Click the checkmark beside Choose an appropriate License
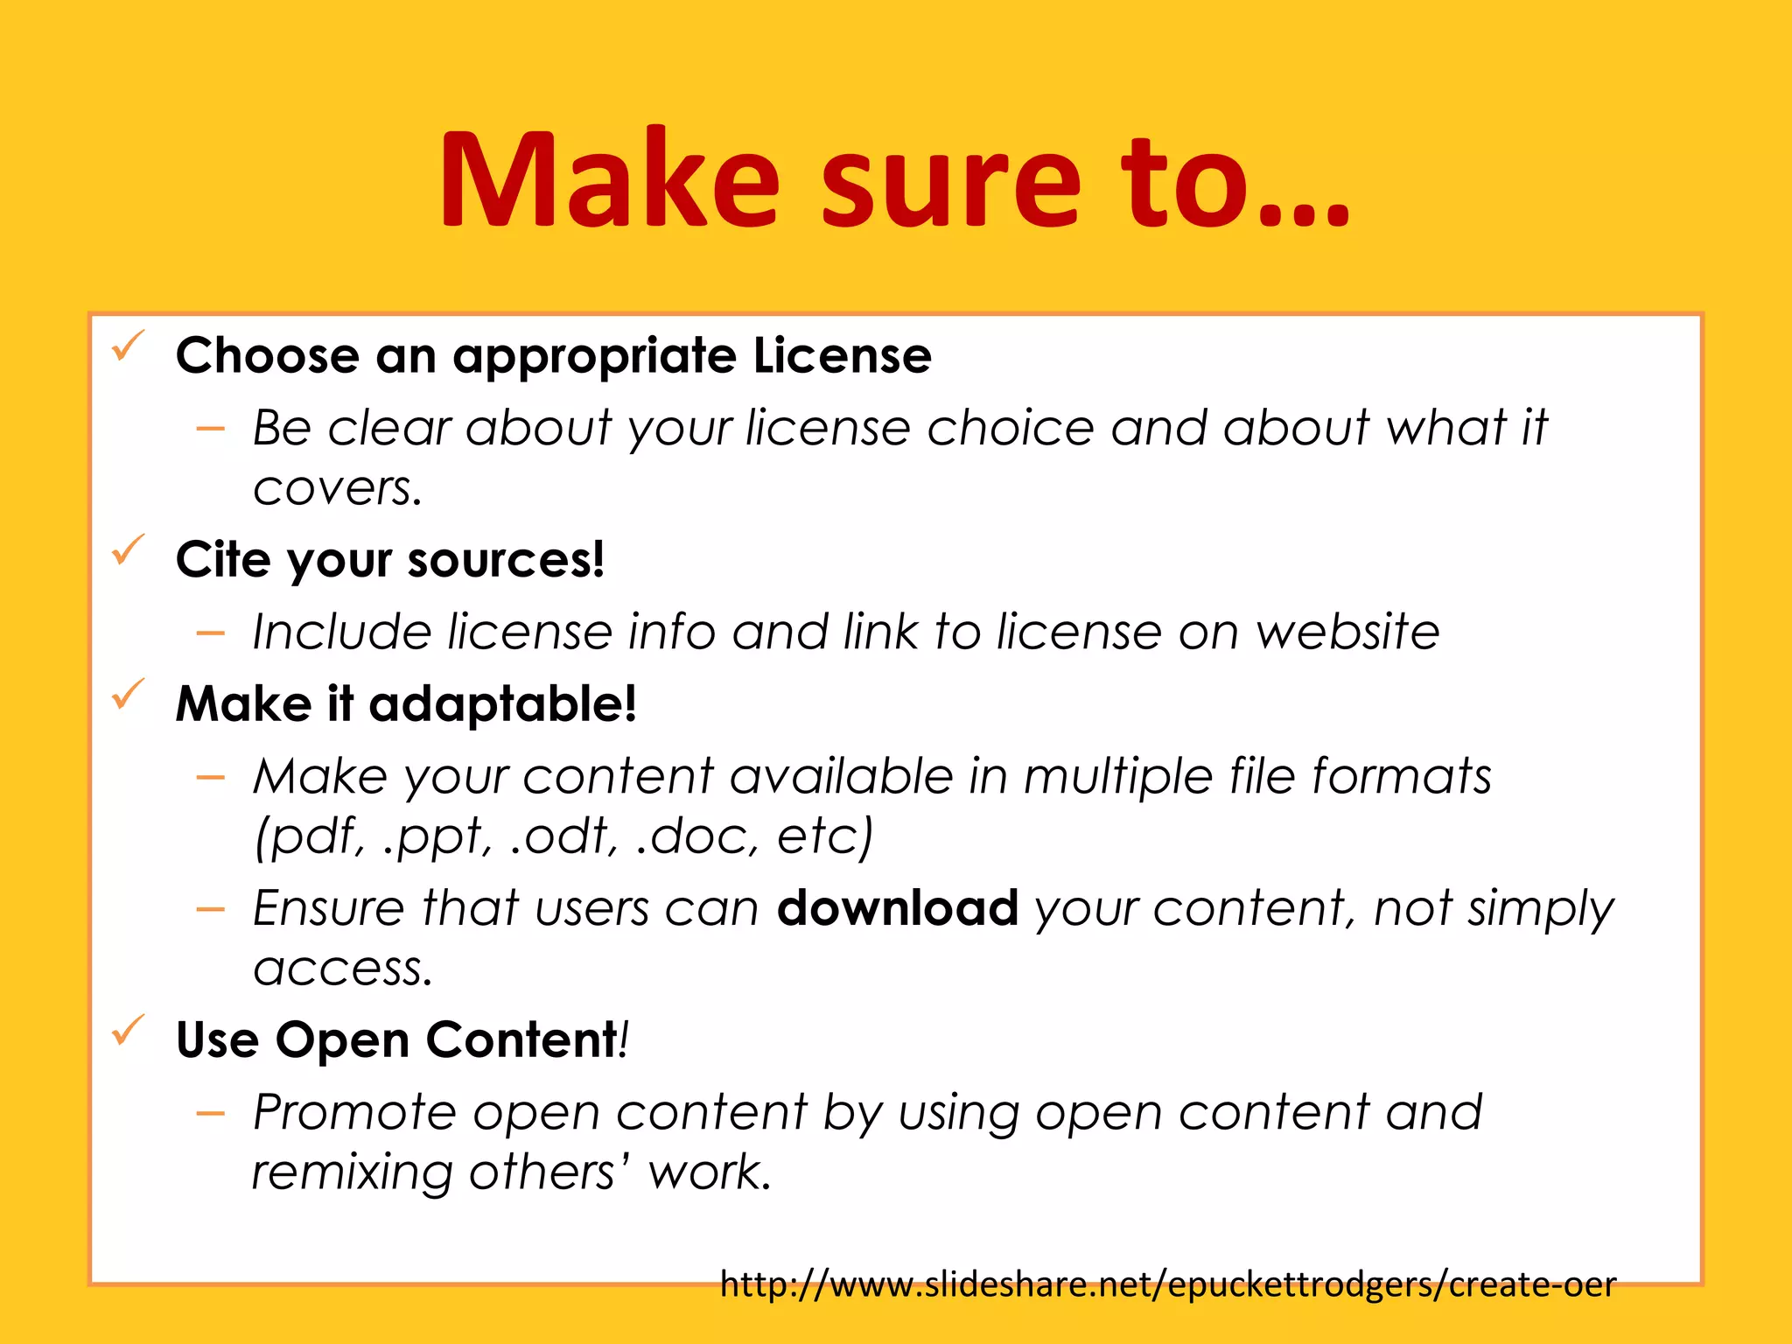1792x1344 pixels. pyautogui.click(x=128, y=347)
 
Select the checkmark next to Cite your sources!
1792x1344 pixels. pyautogui.click(x=128, y=550)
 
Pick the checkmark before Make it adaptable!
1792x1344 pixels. pyautogui.click(x=128, y=695)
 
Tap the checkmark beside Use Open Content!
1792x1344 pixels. pyautogui.click(x=128, y=1031)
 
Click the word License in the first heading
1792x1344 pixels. pyautogui.click(x=842, y=355)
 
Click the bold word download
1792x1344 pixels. pyautogui.click(x=897, y=908)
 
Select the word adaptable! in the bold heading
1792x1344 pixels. pyautogui.click(x=502, y=704)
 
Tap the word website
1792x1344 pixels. pyautogui.click(x=1347, y=632)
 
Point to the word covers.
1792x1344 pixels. pyautogui.click(x=337, y=488)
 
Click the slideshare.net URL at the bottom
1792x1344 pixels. pyautogui.click(x=1167, y=1284)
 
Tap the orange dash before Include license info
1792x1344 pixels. pyautogui.click(x=211, y=633)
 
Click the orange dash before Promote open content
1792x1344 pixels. pyautogui.click(x=211, y=1114)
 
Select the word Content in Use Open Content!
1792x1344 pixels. pyautogui.click(x=521, y=1040)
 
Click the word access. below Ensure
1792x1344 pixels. pyautogui.click(x=342, y=969)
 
